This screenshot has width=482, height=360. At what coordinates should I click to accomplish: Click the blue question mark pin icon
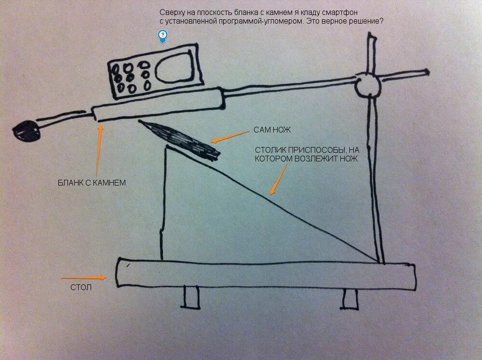tap(163, 35)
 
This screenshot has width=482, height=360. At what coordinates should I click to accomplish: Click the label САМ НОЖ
tap(272, 130)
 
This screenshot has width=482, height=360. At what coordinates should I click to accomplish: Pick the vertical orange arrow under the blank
tap(98, 150)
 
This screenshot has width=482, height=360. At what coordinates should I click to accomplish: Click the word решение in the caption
tap(369, 21)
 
